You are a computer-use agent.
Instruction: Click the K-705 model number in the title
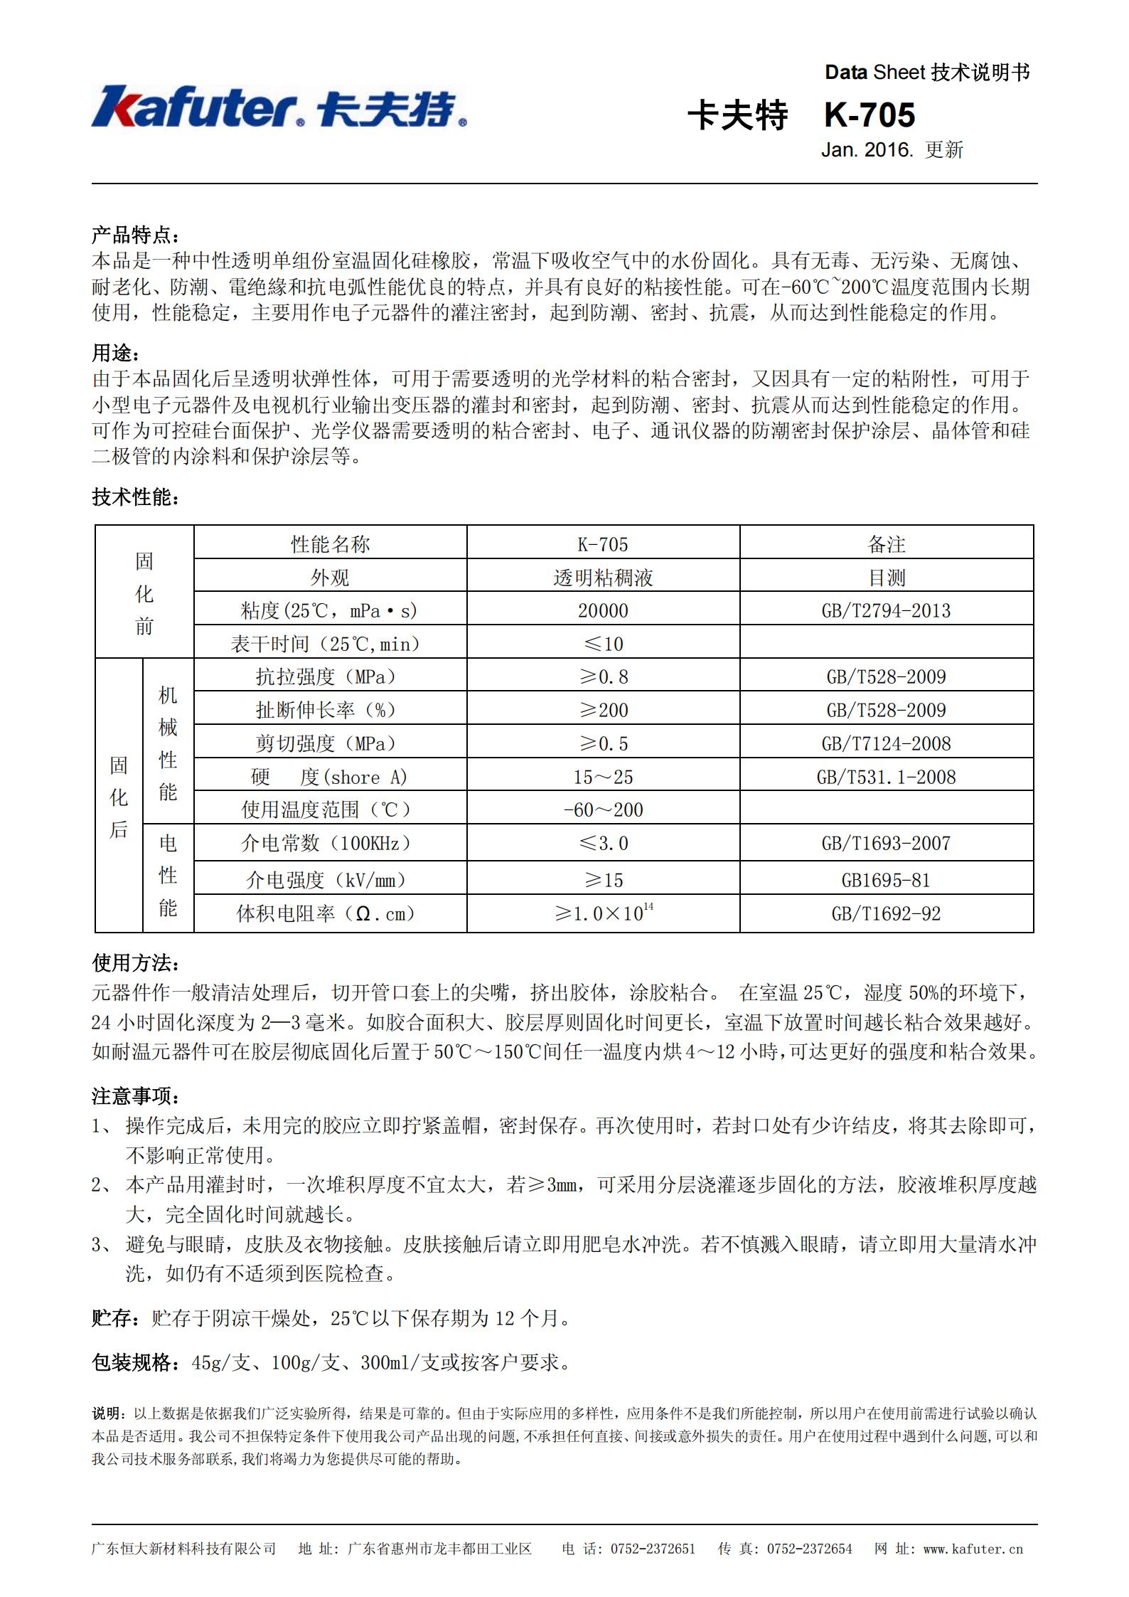[x=870, y=115]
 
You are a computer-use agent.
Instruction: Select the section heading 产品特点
[x=135, y=235]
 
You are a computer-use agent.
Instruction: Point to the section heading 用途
[x=116, y=353]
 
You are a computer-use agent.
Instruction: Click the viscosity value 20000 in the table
[x=603, y=610]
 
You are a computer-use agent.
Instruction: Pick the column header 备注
[x=886, y=544]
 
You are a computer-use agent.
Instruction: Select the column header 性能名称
[x=330, y=544]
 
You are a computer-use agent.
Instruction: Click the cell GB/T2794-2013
[x=886, y=610]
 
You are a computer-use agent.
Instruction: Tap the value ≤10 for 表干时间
[x=603, y=644]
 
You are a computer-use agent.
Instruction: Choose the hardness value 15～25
[x=603, y=777]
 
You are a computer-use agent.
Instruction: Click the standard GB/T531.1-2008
[x=886, y=777]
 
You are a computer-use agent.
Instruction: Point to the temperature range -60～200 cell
[x=603, y=810]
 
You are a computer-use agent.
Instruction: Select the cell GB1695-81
[x=886, y=880]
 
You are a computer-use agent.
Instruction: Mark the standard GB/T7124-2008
[x=886, y=743]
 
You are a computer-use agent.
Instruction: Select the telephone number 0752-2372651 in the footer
[x=653, y=1549]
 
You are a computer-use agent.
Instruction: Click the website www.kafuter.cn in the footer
[x=973, y=1549]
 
